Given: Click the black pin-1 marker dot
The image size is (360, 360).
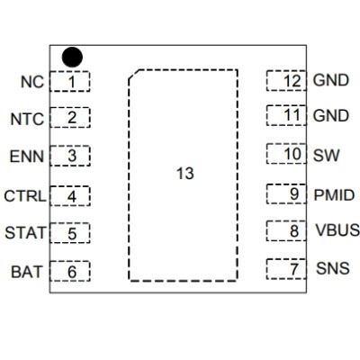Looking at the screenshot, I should point(72,57).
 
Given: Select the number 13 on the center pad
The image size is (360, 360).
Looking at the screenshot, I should point(184,174).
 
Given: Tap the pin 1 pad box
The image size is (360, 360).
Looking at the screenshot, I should point(70,82).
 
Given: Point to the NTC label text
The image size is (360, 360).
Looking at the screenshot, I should point(27,118).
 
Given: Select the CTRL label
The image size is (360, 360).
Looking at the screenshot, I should point(24,195).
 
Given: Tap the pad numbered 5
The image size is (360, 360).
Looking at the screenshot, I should point(70,233).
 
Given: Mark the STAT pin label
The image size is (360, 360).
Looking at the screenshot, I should point(25,233).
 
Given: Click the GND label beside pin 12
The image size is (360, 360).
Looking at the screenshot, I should point(330,81).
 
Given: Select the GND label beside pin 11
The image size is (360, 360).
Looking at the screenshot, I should point(330,116).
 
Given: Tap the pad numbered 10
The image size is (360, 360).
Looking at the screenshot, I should point(288,155).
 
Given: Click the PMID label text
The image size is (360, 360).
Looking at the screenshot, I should point(333,193).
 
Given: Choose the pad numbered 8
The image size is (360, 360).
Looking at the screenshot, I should point(288,231).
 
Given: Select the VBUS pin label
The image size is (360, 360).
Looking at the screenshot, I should point(334,231).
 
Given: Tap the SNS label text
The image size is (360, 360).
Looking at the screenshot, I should point(329,269).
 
